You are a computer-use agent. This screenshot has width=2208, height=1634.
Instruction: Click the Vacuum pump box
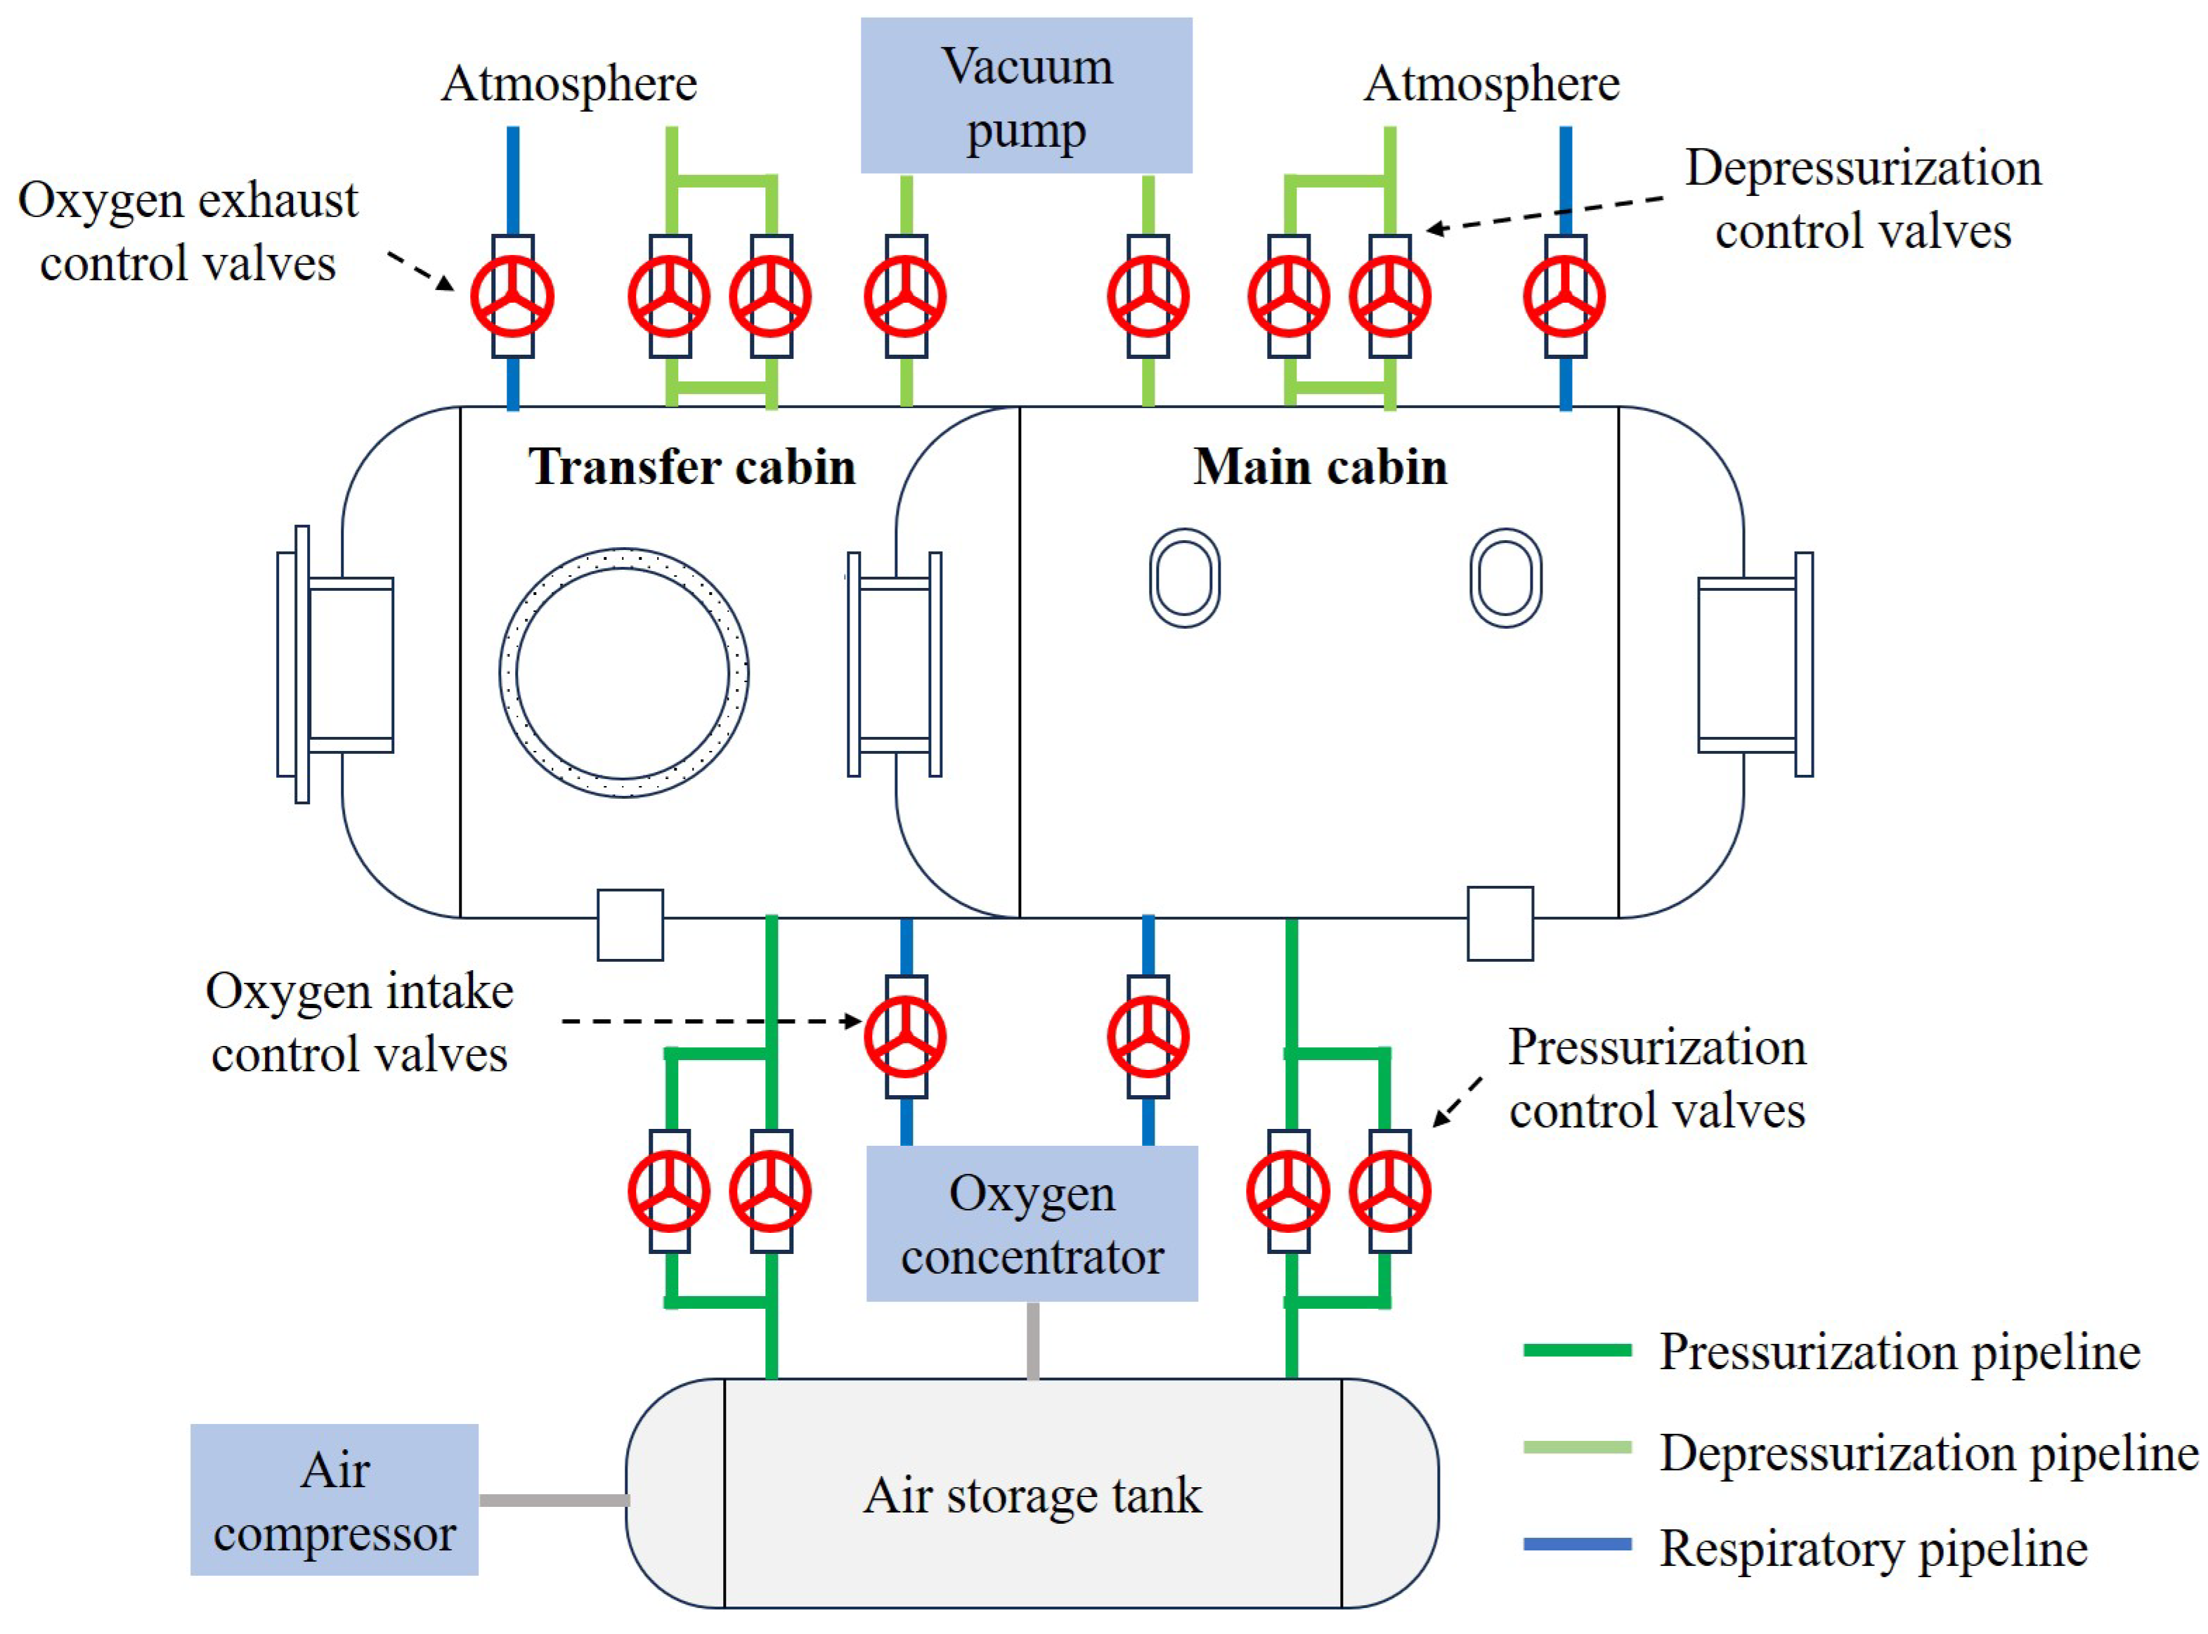point(1026,95)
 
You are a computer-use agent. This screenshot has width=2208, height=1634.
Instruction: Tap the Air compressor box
point(335,1500)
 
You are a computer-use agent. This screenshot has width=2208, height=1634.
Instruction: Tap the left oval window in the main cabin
point(1184,531)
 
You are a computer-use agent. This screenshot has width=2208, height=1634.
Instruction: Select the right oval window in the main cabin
point(1506,531)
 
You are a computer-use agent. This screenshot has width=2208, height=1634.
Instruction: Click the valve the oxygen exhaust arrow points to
point(512,296)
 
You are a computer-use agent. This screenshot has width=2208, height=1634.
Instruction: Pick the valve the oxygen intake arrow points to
point(905,1037)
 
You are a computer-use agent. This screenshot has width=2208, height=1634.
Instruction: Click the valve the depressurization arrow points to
point(1390,296)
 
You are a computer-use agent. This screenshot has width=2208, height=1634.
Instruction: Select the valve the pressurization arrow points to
point(1390,1191)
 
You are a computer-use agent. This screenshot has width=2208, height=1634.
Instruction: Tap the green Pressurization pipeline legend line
point(1577,1350)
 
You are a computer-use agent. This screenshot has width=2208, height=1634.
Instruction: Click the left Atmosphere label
point(569,83)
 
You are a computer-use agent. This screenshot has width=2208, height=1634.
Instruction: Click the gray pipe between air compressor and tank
point(554,1501)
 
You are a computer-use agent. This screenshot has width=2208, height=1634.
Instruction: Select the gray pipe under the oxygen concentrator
point(1033,1340)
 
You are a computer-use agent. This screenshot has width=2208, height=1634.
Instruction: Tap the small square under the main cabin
point(1500,924)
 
